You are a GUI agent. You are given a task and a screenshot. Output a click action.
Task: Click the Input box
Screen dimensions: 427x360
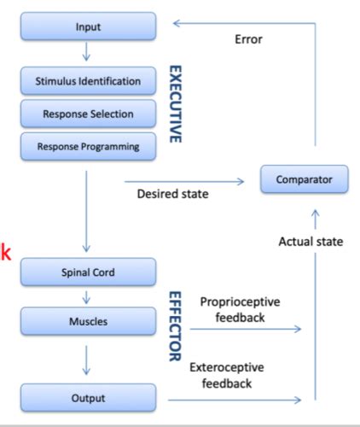(87, 27)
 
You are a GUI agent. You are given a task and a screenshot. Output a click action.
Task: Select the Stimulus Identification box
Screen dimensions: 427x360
(87, 82)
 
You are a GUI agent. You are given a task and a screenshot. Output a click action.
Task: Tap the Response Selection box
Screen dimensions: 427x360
(87, 114)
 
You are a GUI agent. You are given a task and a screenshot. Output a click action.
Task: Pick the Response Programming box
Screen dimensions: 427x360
(87, 146)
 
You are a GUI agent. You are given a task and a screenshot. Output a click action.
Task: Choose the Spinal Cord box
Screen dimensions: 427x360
(87, 273)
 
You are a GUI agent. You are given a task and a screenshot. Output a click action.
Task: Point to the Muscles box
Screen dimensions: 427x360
(87, 324)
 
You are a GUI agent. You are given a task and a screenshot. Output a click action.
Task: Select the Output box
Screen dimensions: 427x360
(87, 398)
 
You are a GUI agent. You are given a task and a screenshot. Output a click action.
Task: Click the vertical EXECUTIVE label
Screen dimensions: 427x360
(176, 103)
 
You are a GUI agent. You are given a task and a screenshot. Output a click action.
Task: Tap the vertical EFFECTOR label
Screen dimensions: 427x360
(176, 325)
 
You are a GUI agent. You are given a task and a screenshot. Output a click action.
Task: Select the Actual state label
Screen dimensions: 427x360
(311, 242)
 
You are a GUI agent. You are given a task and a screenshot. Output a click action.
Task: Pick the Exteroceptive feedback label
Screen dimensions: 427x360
(229, 377)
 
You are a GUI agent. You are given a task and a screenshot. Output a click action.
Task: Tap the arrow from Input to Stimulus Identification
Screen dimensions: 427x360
(87, 55)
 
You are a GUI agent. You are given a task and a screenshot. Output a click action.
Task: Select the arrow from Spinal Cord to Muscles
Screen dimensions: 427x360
(87, 299)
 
